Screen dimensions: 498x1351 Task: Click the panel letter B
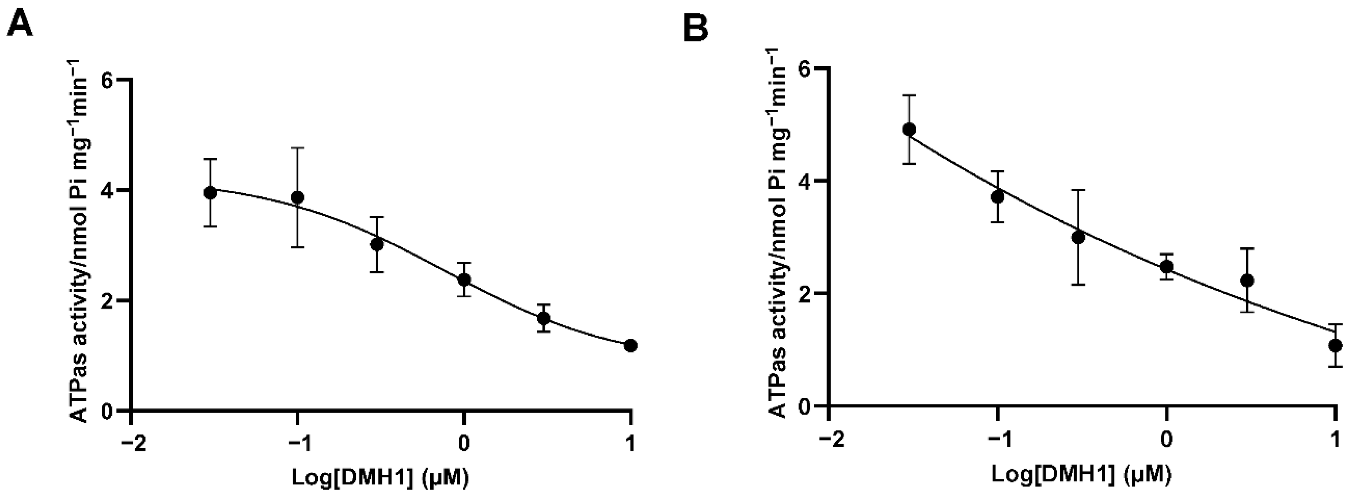tap(696, 28)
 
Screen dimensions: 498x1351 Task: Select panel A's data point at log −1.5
tap(210, 192)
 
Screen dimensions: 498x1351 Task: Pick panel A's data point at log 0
tap(464, 280)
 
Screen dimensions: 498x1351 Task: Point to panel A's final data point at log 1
tap(631, 345)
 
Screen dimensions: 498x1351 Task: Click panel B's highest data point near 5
tap(909, 129)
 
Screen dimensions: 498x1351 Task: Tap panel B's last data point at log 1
tap(1335, 345)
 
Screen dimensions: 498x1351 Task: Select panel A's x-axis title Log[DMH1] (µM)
tap(380, 477)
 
